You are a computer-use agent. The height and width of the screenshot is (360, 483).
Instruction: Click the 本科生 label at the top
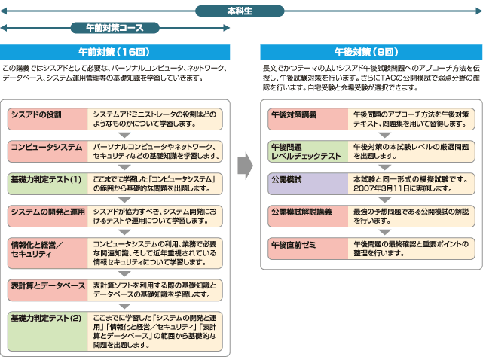pos(240,11)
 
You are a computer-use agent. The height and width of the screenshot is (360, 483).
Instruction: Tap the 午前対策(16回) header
pos(116,53)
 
